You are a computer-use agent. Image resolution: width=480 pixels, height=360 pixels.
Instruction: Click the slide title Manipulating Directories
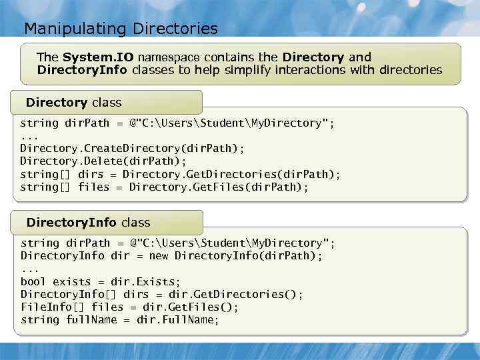(x=121, y=29)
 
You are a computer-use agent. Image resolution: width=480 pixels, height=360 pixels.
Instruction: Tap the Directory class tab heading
(x=73, y=103)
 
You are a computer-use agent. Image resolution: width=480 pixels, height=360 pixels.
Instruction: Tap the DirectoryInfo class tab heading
(x=88, y=223)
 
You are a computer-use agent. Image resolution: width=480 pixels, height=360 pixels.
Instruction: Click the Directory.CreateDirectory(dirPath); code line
(x=132, y=149)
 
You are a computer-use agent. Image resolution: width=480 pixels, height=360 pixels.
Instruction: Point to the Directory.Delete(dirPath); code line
(x=103, y=161)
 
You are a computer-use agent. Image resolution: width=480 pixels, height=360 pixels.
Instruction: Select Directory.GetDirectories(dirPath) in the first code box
(x=231, y=175)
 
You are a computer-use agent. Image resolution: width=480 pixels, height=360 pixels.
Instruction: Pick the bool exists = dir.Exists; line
(x=100, y=282)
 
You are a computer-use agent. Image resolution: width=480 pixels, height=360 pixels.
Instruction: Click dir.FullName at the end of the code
(x=177, y=320)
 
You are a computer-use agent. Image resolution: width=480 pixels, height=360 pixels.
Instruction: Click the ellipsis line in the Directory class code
(x=29, y=136)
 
